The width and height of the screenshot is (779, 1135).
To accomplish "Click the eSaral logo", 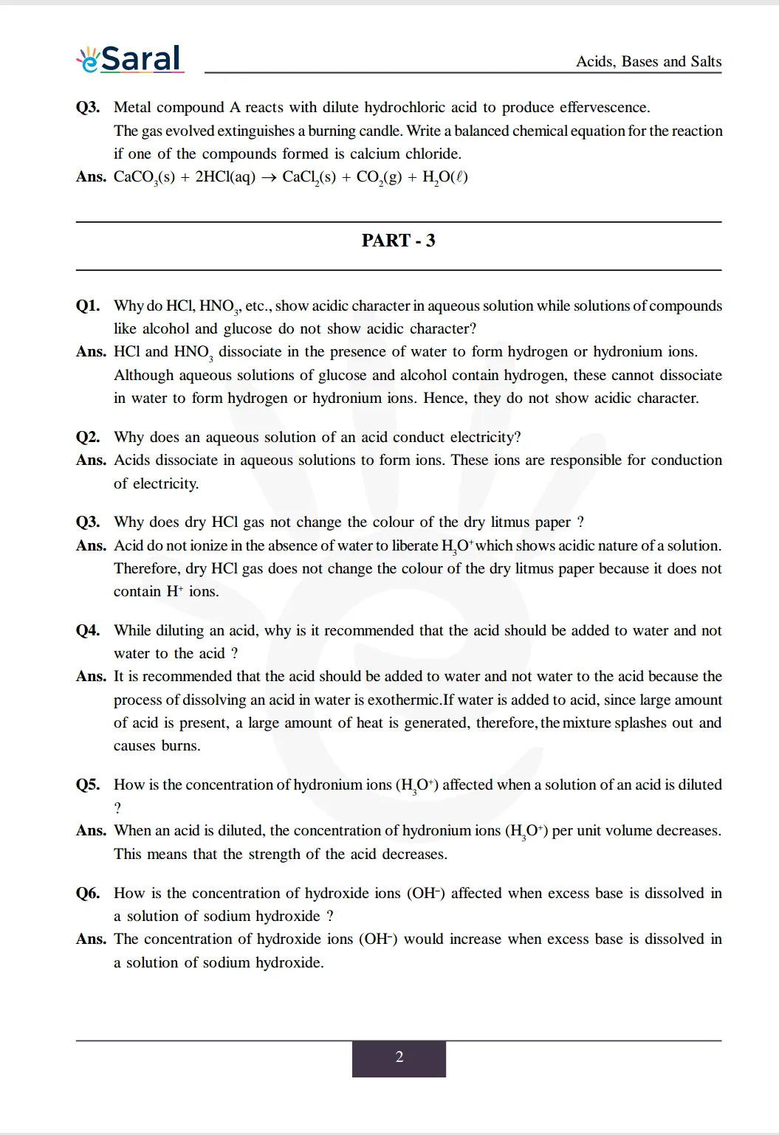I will (x=130, y=59).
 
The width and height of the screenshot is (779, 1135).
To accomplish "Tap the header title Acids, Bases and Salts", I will (x=648, y=61).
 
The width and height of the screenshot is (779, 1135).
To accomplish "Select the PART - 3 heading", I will (x=398, y=241).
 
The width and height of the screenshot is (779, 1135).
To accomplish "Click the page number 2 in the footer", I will (x=399, y=1057).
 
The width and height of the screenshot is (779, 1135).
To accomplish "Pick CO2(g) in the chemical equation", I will (x=379, y=177).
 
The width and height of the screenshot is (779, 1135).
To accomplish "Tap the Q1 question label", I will (x=88, y=306).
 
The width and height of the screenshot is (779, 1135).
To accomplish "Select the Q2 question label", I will (x=88, y=437).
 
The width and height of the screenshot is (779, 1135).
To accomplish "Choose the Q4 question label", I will (x=88, y=630).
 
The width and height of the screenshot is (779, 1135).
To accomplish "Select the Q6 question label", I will (x=88, y=893).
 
